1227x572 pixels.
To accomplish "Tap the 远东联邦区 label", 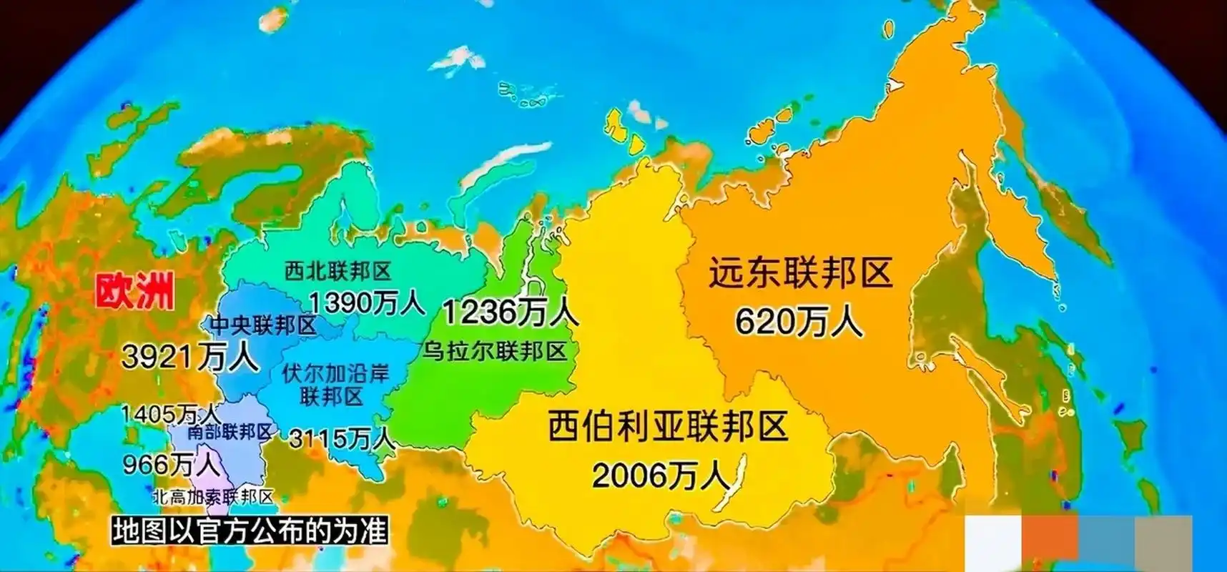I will click(x=801, y=274).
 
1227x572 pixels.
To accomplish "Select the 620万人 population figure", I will click(x=799, y=322).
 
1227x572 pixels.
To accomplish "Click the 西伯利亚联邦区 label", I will click(x=667, y=426).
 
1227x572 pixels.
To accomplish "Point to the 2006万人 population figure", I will click(x=660, y=475).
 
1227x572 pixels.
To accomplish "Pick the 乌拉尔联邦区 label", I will click(x=495, y=351).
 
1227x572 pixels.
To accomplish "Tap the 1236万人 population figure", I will click(x=510, y=312).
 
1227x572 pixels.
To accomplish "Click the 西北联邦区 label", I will click(x=338, y=271).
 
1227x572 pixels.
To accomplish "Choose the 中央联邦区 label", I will click(x=262, y=326).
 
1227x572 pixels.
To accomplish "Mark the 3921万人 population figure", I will click(x=190, y=356).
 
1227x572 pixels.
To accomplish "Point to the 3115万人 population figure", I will click(x=342, y=438).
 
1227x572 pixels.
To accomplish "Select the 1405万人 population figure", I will click(x=169, y=413).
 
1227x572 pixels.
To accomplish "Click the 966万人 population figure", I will click(x=172, y=465).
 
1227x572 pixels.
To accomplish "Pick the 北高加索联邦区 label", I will click(x=213, y=497).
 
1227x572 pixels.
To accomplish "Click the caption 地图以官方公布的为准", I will click(x=250, y=531).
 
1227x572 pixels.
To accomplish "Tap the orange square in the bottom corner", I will click(x=1050, y=543).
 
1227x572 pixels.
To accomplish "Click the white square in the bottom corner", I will click(x=992, y=543).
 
